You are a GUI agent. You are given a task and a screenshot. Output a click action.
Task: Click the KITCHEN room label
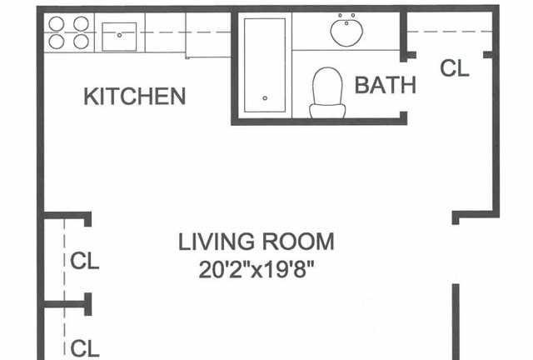pyautogui.click(x=135, y=97)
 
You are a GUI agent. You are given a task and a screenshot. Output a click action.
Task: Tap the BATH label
pyautogui.click(x=385, y=85)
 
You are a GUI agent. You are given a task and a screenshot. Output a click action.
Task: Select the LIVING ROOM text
pyautogui.click(x=257, y=242)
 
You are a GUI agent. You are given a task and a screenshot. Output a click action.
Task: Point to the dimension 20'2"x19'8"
pyautogui.click(x=256, y=269)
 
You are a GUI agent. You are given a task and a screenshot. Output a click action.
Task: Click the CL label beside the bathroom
pyautogui.click(x=455, y=68)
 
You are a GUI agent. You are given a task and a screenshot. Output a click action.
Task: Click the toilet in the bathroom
pyautogui.click(x=327, y=92)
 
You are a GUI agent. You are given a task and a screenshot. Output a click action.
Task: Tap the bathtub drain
pyautogui.click(x=265, y=98)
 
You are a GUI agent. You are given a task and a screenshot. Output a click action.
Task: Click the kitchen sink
pyautogui.click(x=119, y=37)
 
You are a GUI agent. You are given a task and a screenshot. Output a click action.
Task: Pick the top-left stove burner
pyautogui.click(x=57, y=24)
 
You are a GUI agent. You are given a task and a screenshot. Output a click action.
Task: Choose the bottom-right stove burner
pyautogui.click(x=82, y=42)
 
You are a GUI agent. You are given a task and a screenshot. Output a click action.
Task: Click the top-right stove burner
pyautogui.click(x=82, y=24)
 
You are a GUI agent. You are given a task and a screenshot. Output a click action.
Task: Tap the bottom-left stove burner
pyautogui.click(x=57, y=42)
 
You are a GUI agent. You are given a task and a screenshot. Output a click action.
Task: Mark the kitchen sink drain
pyautogui.click(x=119, y=35)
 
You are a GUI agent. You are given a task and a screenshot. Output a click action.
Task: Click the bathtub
pyautogui.click(x=265, y=65)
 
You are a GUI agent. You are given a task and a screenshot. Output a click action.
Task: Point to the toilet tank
pyautogui.click(x=327, y=111)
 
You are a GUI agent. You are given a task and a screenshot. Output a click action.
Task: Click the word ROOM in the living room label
pyautogui.click(x=298, y=242)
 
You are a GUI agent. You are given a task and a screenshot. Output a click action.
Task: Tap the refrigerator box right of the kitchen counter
pyautogui.click(x=208, y=35)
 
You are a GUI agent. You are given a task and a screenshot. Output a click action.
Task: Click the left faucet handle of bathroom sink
pyautogui.click(x=340, y=15)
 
